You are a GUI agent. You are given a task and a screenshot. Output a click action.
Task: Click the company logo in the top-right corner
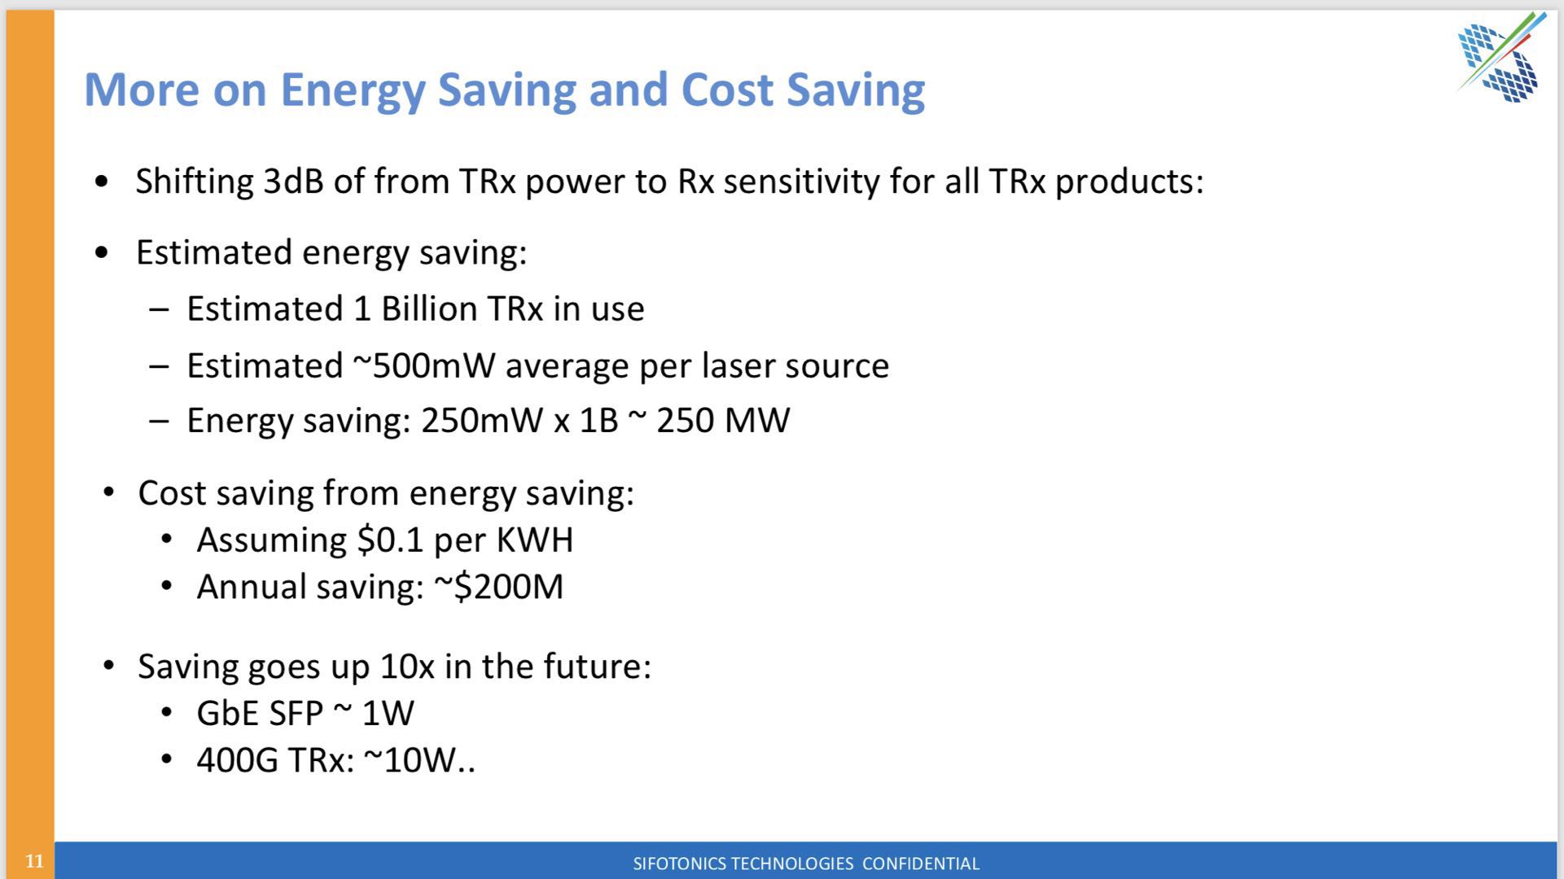(x=1500, y=58)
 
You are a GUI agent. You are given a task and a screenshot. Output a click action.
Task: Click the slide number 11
(x=34, y=861)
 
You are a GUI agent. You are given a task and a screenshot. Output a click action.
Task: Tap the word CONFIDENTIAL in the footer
(x=921, y=864)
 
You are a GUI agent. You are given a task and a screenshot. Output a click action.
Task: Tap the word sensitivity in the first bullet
(x=801, y=181)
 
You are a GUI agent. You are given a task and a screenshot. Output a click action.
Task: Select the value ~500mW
(x=423, y=365)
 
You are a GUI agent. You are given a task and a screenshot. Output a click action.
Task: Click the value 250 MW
(x=723, y=421)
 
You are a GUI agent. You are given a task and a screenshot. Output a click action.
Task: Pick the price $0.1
(x=390, y=540)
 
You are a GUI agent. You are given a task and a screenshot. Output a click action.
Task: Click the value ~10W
(x=410, y=761)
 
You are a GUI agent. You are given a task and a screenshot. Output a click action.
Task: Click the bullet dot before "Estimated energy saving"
(x=102, y=253)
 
